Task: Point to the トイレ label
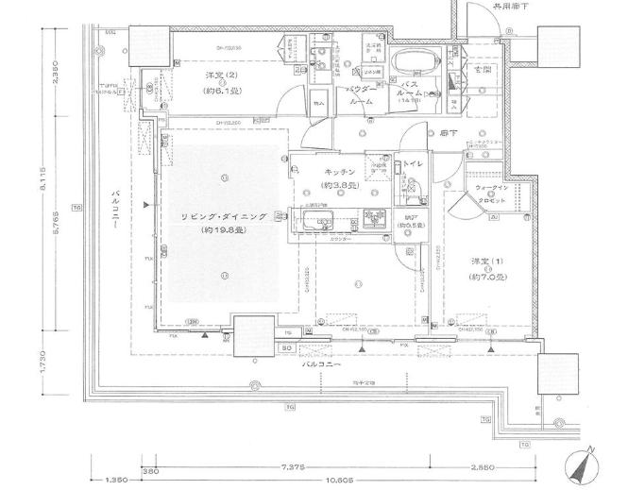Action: [x=413, y=164]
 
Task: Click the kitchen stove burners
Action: [x=373, y=218]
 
